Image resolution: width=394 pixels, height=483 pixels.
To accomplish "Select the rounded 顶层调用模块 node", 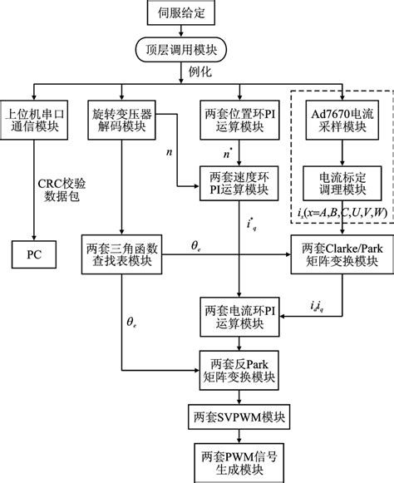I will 197,51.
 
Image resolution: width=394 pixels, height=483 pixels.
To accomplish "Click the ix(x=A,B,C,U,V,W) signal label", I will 342,213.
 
